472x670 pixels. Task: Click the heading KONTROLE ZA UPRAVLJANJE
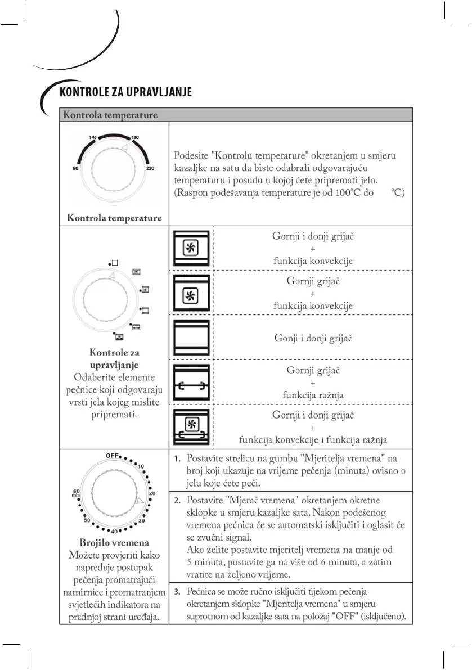click(126, 92)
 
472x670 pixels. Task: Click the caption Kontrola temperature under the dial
click(114, 217)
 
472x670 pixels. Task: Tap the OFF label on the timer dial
click(115, 455)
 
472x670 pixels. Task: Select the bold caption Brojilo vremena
click(114, 543)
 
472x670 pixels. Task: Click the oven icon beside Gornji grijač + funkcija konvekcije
click(192, 293)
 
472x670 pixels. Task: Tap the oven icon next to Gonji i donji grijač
click(192, 338)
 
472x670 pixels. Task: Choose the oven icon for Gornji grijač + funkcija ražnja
click(192, 383)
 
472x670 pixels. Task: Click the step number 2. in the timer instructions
click(177, 500)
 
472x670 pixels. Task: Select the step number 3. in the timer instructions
click(177, 592)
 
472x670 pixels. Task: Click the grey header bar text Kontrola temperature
click(110, 115)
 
